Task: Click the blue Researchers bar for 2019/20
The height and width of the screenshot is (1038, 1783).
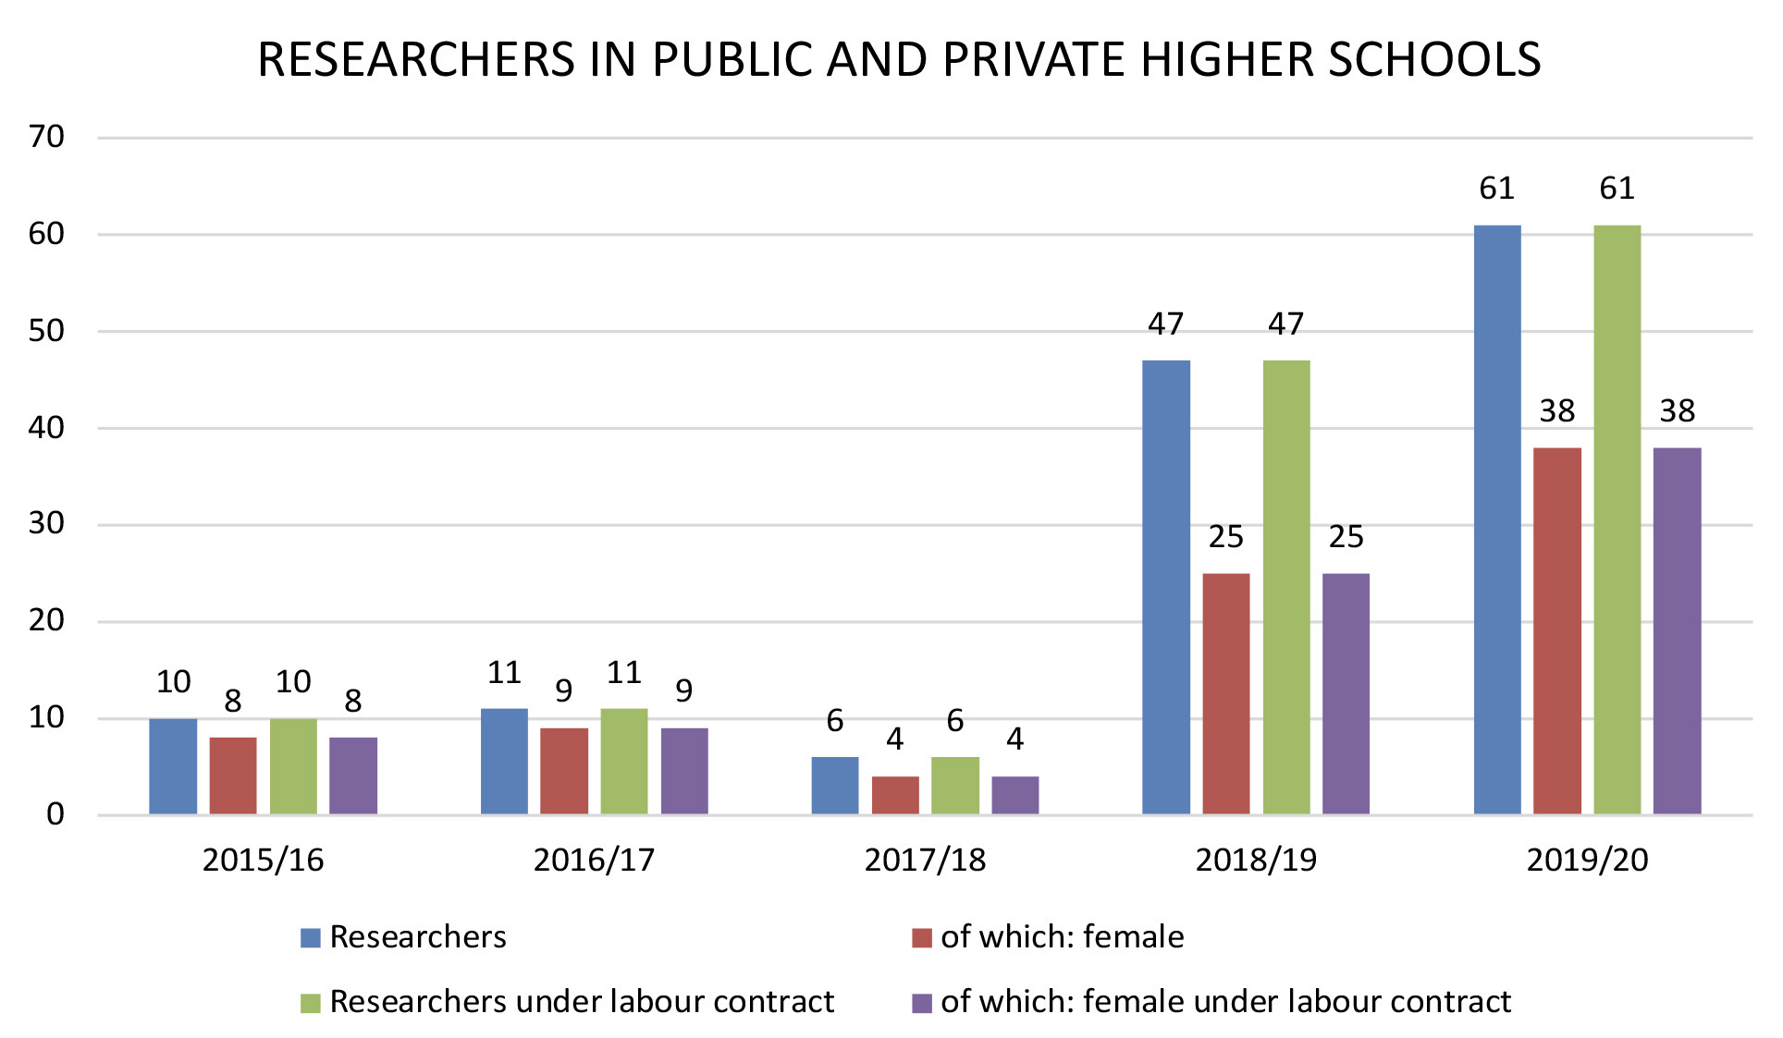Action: [1496, 519]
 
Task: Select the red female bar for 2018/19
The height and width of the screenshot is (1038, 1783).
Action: [1225, 693]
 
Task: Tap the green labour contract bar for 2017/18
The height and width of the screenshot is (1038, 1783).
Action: [954, 786]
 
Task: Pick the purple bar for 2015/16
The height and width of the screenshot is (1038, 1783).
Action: [352, 775]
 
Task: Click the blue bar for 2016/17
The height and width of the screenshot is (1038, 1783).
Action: [504, 761]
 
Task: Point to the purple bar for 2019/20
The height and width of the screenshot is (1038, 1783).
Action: [1677, 630]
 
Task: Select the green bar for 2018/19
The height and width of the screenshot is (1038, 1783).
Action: [1285, 587]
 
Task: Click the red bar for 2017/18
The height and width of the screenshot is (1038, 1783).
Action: [895, 795]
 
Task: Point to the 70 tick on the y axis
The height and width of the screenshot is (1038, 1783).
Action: [46, 137]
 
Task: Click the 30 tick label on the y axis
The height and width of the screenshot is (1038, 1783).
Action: [46, 523]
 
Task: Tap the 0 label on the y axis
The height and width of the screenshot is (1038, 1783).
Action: [55, 814]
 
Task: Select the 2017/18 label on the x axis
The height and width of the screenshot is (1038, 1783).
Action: [925, 861]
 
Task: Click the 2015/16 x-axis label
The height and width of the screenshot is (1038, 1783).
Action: [263, 861]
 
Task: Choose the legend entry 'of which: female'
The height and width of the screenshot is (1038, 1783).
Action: [1062, 937]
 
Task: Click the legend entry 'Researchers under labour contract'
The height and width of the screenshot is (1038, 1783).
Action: [581, 1002]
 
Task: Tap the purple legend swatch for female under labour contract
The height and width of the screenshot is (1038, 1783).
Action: [921, 1003]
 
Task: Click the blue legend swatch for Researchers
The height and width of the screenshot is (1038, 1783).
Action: [310, 938]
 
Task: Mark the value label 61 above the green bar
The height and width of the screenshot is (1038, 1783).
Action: [1617, 189]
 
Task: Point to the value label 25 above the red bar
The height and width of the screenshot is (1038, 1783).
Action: [1225, 537]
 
